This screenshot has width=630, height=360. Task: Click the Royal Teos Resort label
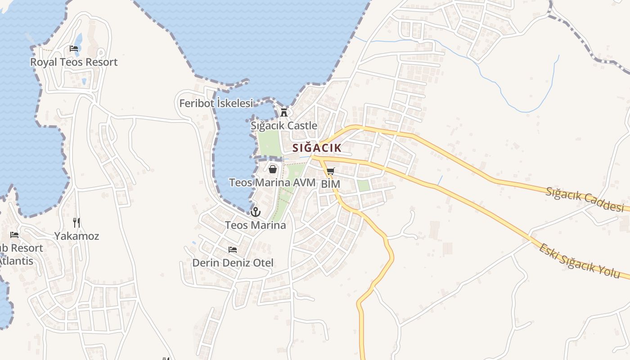74,62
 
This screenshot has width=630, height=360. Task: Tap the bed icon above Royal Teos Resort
74,49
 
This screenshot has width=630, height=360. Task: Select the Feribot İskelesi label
216,103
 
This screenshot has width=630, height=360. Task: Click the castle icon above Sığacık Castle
284,112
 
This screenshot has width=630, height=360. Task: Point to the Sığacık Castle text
284,126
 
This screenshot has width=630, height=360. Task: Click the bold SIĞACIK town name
317,148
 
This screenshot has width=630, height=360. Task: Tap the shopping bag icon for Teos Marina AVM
272,169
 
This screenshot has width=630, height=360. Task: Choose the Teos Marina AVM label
272,183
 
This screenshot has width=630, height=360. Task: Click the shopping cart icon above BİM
331,171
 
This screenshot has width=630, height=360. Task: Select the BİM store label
331,184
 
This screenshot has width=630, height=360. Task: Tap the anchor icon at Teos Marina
256,211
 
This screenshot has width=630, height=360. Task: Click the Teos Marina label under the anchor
256,225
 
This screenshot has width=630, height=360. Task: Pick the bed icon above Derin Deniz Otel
233,249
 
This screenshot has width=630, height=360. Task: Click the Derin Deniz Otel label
233,263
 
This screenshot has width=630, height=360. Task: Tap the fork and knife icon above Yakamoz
76,222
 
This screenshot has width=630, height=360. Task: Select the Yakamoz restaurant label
76,236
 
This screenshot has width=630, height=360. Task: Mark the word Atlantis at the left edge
16,261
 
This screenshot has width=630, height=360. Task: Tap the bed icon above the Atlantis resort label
14,235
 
